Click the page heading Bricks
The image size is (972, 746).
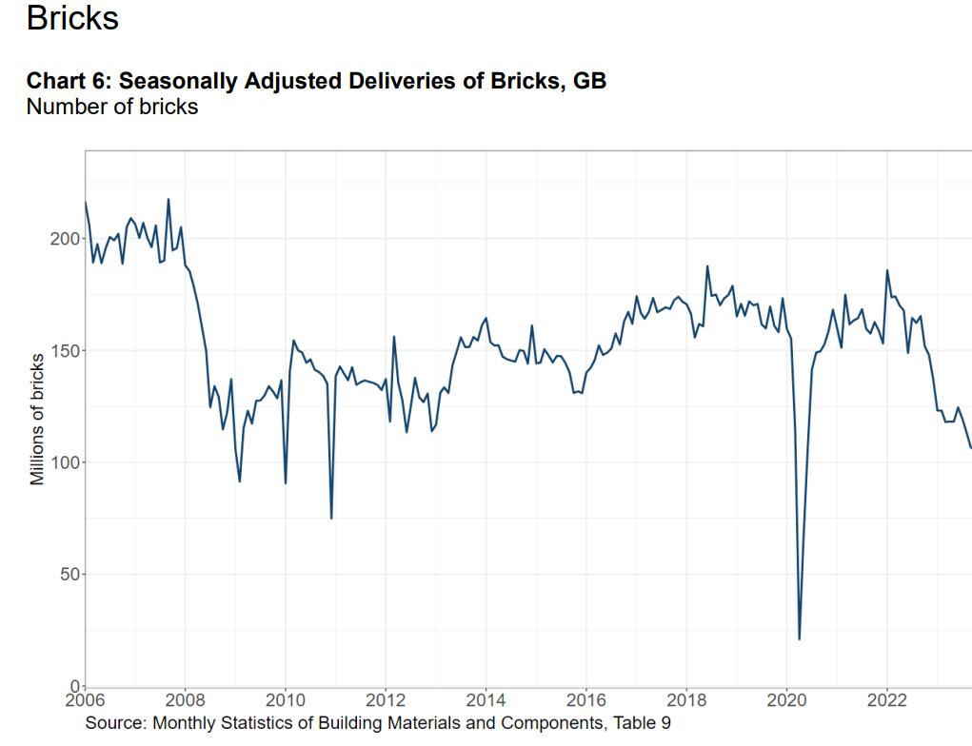tap(72, 17)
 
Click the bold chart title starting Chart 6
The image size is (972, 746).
tap(316, 81)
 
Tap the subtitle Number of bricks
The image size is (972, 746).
tap(112, 107)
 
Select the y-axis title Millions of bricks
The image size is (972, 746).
tap(37, 420)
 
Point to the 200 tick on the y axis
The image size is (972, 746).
tap(65, 239)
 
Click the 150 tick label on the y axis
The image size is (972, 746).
tap(65, 351)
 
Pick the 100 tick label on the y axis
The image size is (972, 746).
tap(65, 462)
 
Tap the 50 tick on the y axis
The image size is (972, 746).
tap(70, 575)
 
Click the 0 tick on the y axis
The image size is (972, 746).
tap(75, 686)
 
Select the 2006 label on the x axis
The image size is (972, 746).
tap(85, 700)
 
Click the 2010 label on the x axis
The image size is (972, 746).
tap(286, 700)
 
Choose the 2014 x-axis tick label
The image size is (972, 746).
tap(486, 700)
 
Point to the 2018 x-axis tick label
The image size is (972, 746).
tap(686, 700)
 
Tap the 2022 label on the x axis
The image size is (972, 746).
tap(887, 700)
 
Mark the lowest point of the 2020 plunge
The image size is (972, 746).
tap(799, 638)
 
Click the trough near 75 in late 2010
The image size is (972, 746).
tap(331, 518)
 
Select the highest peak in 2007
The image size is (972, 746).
tap(168, 200)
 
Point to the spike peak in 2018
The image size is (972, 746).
tap(707, 266)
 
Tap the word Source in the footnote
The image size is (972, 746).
tap(114, 723)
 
